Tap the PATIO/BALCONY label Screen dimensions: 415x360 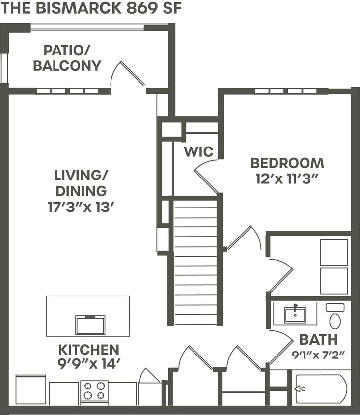point(67,58)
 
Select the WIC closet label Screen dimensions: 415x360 point(198,151)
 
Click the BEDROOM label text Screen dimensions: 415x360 point(287,163)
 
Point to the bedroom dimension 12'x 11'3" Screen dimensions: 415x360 point(287,178)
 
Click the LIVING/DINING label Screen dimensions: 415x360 point(81,183)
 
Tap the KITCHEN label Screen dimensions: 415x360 point(89,350)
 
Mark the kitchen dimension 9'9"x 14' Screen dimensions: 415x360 point(89,364)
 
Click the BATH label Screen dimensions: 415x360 point(318,339)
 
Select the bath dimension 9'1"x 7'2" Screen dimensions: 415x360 point(318,354)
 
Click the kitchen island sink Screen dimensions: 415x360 point(90,325)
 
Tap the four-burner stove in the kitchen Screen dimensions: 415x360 point(94,391)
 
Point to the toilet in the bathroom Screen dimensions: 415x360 point(335,317)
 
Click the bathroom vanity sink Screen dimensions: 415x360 point(295,314)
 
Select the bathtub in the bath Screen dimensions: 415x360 point(321,389)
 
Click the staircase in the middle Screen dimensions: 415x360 point(195,261)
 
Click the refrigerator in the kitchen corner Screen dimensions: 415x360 point(30,389)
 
